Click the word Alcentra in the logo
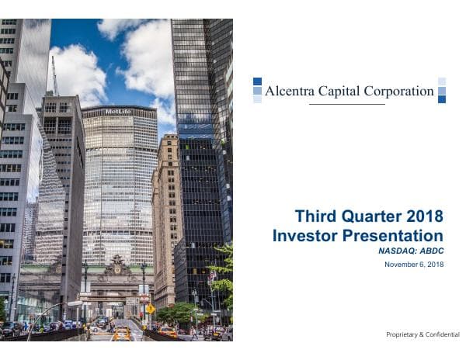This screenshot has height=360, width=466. click(290, 91)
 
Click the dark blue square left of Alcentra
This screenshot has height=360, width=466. click(257, 81)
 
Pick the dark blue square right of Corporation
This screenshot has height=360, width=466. click(442, 99)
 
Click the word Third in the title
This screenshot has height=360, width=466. click(315, 216)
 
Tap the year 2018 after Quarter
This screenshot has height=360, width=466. click(424, 216)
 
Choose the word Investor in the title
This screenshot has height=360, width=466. click(304, 235)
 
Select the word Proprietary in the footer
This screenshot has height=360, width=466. click(405, 334)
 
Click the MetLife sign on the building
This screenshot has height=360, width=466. click(118, 112)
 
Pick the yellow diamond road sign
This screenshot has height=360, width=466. click(151, 308)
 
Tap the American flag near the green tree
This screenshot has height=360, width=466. click(212, 276)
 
